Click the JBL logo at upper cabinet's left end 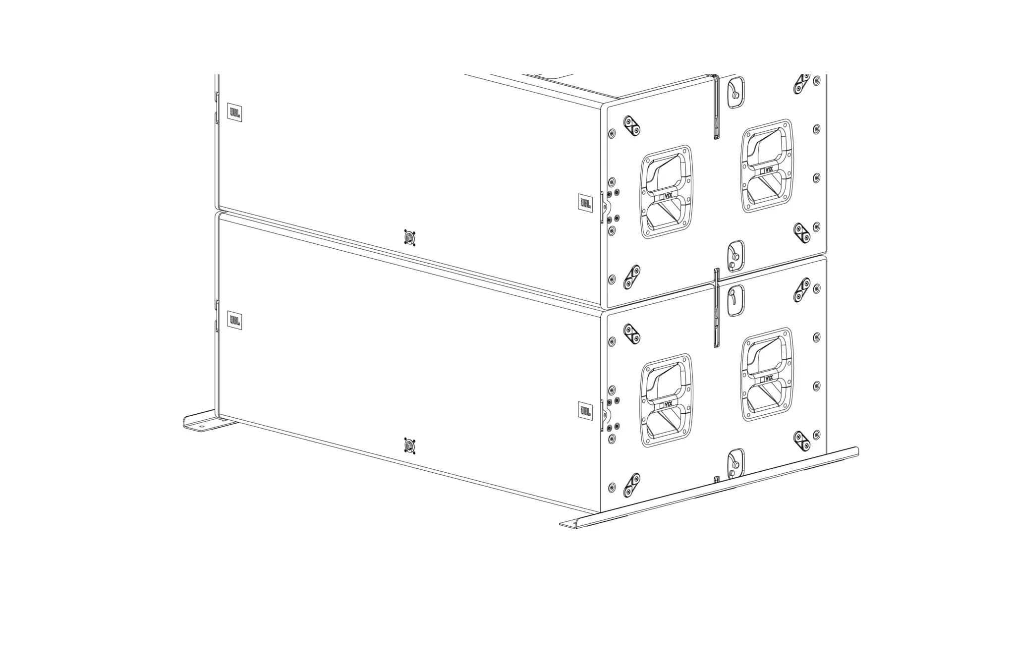coord(234,112)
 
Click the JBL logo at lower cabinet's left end coord(234,321)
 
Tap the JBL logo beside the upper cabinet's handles coord(585,203)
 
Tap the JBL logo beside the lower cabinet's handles coord(585,411)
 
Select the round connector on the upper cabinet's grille coord(409,239)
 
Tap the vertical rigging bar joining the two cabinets coord(717,307)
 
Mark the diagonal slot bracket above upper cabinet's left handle coord(632,125)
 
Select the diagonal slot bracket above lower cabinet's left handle coord(632,334)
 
